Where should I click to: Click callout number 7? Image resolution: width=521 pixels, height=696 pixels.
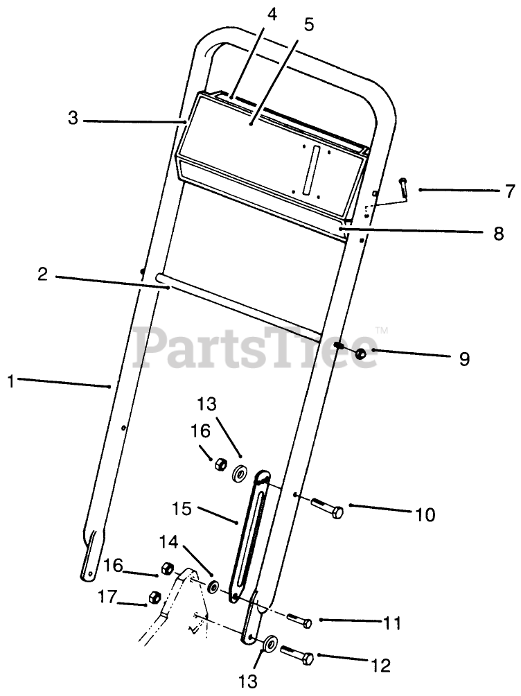click(x=510, y=190)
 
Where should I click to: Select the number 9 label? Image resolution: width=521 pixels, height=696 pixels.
click(x=464, y=359)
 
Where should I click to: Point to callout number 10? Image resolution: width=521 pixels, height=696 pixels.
click(x=425, y=515)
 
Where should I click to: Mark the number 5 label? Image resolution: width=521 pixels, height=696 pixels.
click(x=309, y=26)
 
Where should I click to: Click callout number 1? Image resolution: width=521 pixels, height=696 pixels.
click(x=11, y=380)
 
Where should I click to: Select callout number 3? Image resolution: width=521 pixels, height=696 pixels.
click(x=73, y=118)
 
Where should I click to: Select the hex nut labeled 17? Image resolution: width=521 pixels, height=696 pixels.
click(x=156, y=597)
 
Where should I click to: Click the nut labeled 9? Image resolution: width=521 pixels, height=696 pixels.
click(x=361, y=354)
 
